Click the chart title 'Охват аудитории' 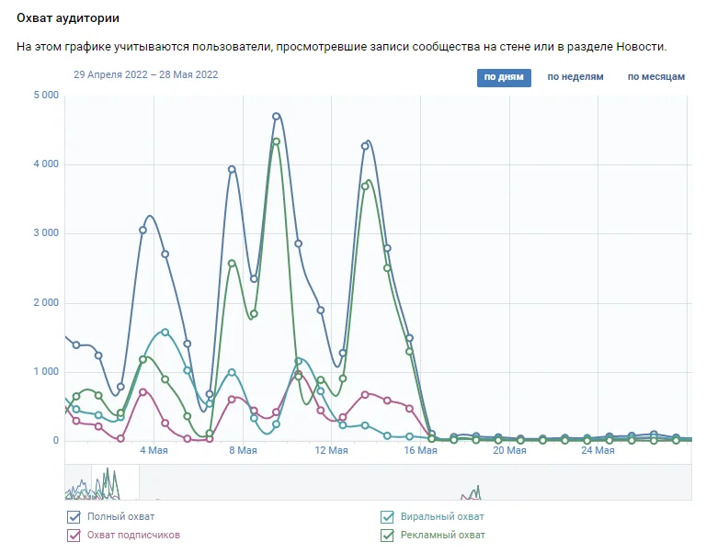click(67, 18)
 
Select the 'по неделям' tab click(575, 77)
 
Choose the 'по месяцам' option click(656, 77)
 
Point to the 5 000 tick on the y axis click(46, 95)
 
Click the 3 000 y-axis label click(46, 233)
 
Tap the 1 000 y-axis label click(46, 372)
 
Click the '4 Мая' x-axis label click(154, 451)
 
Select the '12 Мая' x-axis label click(331, 451)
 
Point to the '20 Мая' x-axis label click(509, 451)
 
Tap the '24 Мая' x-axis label click(598, 451)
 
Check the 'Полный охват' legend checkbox click(74, 517)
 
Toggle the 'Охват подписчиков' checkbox click(74, 535)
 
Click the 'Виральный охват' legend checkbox click(387, 517)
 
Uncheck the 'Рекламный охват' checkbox click(387, 535)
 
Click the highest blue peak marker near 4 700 click(276, 117)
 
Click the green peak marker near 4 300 click(276, 141)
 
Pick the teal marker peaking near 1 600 click(165, 332)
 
